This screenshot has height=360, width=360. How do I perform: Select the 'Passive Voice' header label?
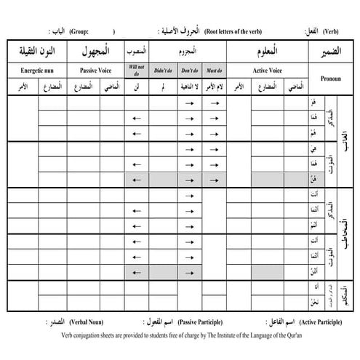[x=97, y=71]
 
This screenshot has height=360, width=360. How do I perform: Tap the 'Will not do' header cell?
[x=137, y=71]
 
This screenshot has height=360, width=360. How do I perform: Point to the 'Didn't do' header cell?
[x=163, y=71]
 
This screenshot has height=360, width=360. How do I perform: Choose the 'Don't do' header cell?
[x=190, y=71]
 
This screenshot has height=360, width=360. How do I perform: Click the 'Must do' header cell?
[x=215, y=71]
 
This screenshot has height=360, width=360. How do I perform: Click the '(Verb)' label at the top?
[x=335, y=33]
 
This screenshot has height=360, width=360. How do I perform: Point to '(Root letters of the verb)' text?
[x=236, y=33]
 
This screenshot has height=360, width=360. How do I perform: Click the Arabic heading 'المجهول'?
[x=97, y=52]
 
